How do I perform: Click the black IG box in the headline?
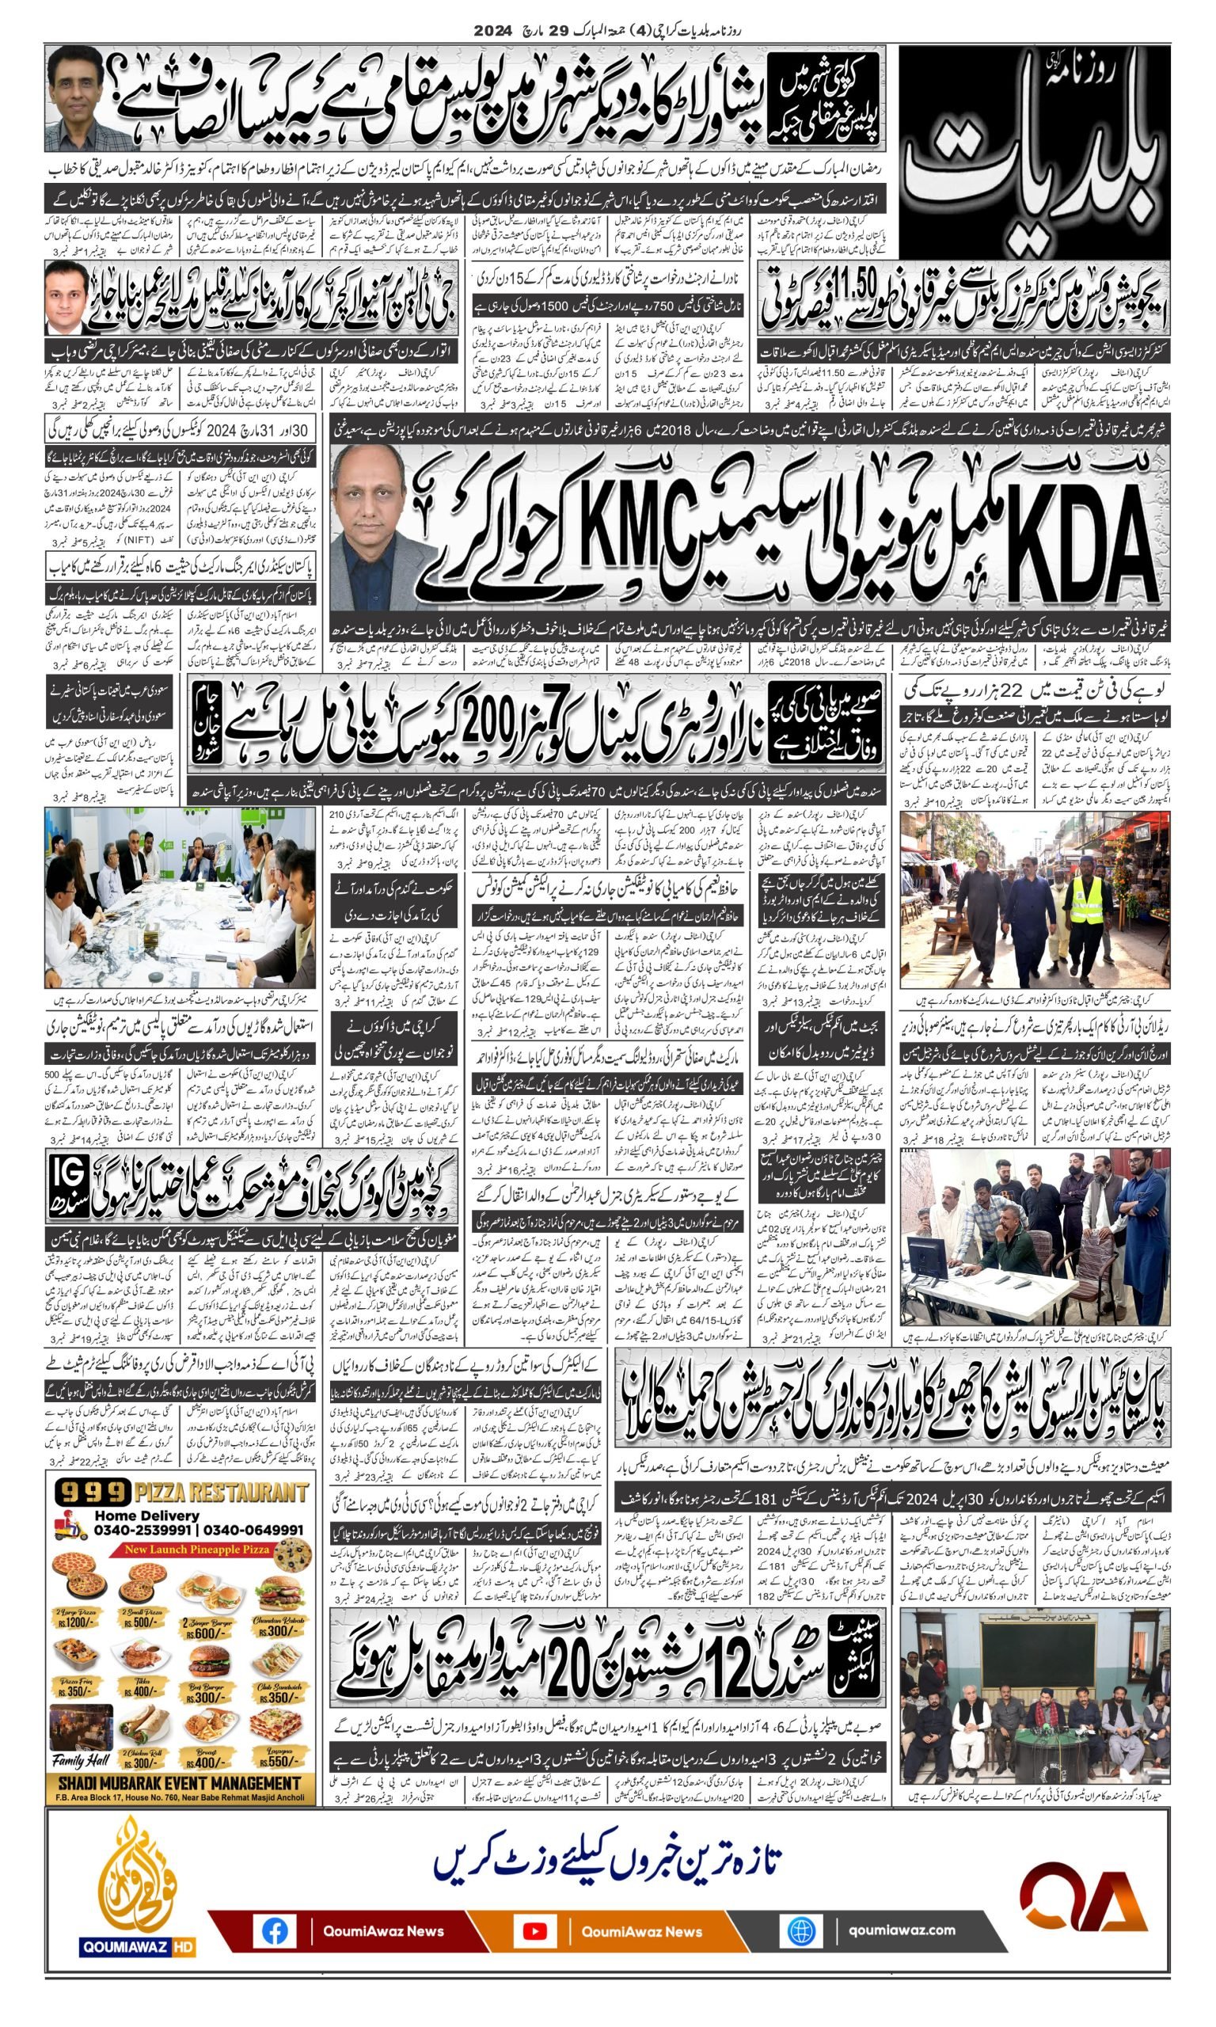67,1183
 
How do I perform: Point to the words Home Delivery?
146,1515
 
